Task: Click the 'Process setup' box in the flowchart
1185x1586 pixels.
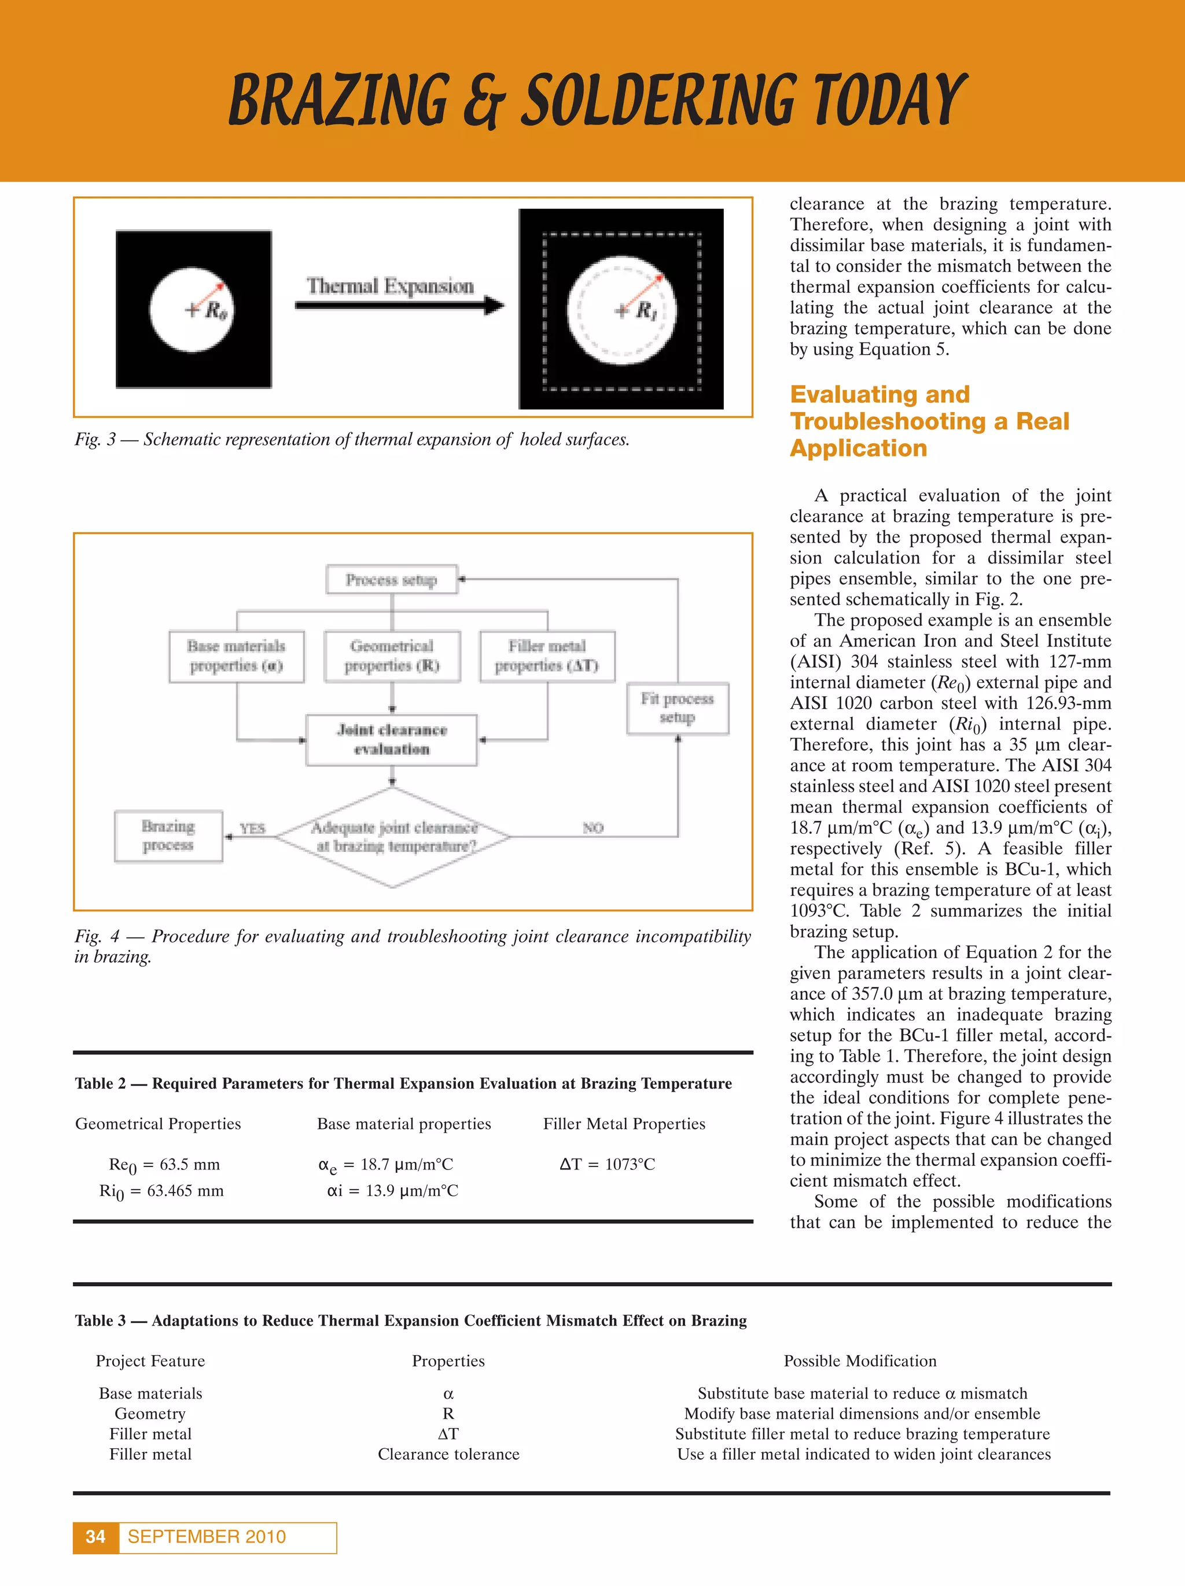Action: point(391,579)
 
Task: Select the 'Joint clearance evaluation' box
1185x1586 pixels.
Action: point(391,740)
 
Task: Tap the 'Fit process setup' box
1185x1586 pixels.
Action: point(678,708)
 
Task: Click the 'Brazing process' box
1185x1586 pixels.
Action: point(168,836)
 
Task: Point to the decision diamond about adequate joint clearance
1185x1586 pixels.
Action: point(393,837)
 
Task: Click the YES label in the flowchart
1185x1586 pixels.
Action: point(252,829)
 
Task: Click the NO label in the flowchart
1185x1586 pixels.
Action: point(593,828)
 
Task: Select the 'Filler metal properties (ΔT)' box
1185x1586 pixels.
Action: point(547,656)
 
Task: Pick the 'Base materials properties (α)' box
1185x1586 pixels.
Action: point(237,656)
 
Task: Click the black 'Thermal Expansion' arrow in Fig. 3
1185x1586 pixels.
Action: point(399,306)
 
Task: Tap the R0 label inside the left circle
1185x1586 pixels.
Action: point(216,311)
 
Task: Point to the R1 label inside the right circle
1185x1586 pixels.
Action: point(646,311)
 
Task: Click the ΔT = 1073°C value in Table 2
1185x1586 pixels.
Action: point(606,1164)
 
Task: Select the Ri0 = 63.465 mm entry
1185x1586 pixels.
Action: point(161,1191)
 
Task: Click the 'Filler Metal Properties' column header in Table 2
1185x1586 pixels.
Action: point(624,1124)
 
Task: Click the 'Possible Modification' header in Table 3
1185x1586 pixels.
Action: point(860,1361)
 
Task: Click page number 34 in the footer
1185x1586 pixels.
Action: point(95,1536)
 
